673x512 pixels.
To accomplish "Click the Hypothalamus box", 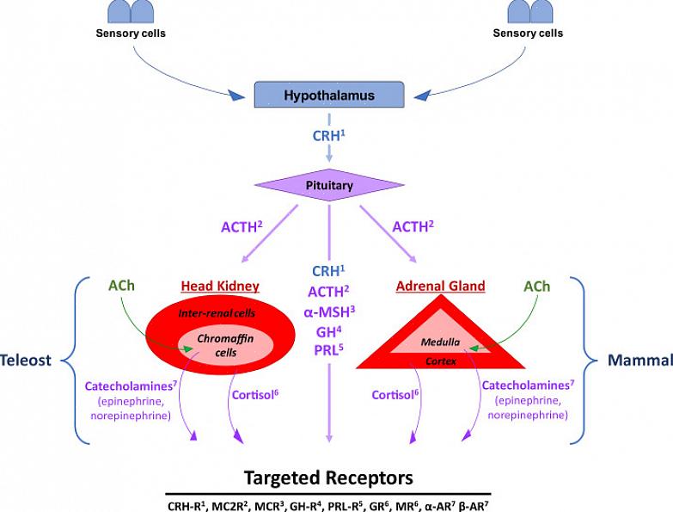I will [x=329, y=96].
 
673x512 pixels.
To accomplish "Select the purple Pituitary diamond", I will [x=329, y=185].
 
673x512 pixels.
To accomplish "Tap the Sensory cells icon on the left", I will [x=131, y=12].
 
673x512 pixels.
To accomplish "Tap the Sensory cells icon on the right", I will [x=529, y=11].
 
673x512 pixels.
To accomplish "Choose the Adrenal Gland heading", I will [x=441, y=286].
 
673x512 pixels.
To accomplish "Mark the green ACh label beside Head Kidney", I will [x=123, y=286].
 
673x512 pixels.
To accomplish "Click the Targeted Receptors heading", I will [x=328, y=477].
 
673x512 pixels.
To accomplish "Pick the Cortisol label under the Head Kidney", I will [x=254, y=395].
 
